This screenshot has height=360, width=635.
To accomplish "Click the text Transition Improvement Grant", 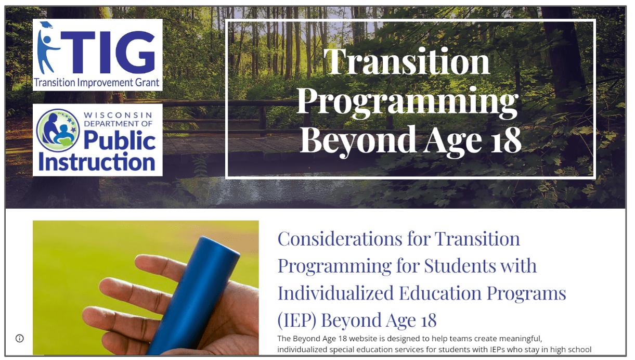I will click(x=97, y=83).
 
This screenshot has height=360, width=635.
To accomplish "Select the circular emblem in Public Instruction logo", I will click(x=58, y=130).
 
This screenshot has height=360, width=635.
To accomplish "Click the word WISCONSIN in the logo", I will click(x=118, y=114).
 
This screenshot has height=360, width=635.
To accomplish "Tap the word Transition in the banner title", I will click(x=407, y=61).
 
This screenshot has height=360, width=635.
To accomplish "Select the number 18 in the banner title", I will click(x=499, y=139).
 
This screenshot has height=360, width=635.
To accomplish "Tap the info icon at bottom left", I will click(x=20, y=338).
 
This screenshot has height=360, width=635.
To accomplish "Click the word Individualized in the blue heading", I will click(x=335, y=293).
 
